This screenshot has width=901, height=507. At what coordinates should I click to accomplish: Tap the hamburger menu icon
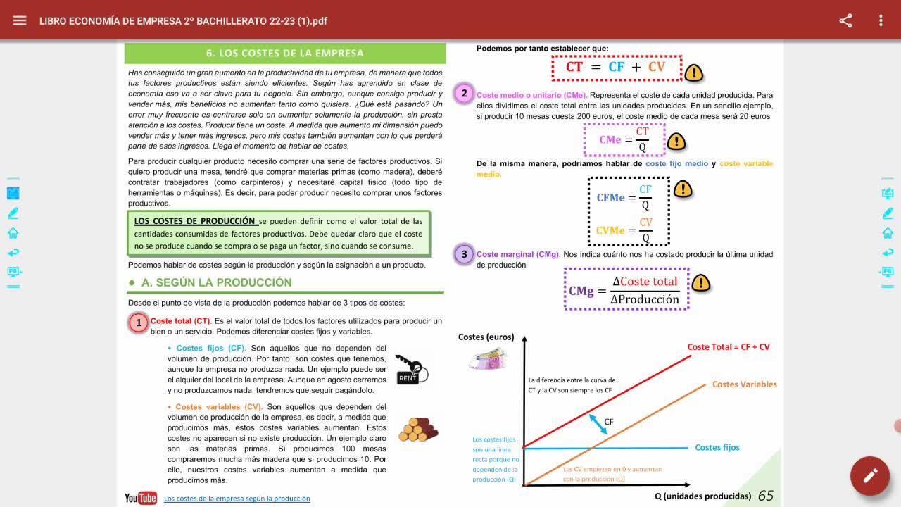19,20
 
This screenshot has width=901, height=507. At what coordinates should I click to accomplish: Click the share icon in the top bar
845,20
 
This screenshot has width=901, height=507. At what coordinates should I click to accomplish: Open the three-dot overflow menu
881,20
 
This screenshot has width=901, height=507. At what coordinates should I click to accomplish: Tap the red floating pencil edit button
869,475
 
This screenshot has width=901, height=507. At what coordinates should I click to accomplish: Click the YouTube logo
141,498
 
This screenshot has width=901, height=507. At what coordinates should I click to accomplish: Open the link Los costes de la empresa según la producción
237,499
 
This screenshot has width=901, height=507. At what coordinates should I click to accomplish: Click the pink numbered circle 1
139,323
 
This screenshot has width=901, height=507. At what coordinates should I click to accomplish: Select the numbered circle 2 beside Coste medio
464,94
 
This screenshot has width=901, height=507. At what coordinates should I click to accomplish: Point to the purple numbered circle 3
464,254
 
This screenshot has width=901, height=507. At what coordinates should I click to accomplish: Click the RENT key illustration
412,370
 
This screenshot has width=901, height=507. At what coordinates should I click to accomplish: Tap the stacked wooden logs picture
418,430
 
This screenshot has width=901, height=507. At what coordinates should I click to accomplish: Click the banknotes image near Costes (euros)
488,358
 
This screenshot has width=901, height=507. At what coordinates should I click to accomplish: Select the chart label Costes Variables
745,384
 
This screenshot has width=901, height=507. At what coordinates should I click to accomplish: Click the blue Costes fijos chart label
717,447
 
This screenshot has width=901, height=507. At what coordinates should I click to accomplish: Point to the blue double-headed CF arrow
598,424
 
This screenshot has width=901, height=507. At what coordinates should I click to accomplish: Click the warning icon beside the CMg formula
700,282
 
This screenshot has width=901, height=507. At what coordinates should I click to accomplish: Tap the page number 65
765,496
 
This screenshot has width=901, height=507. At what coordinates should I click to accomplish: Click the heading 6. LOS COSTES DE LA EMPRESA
285,53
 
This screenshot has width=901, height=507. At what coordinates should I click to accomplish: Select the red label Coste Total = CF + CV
728,347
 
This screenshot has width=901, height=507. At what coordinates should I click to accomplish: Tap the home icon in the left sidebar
13,233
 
